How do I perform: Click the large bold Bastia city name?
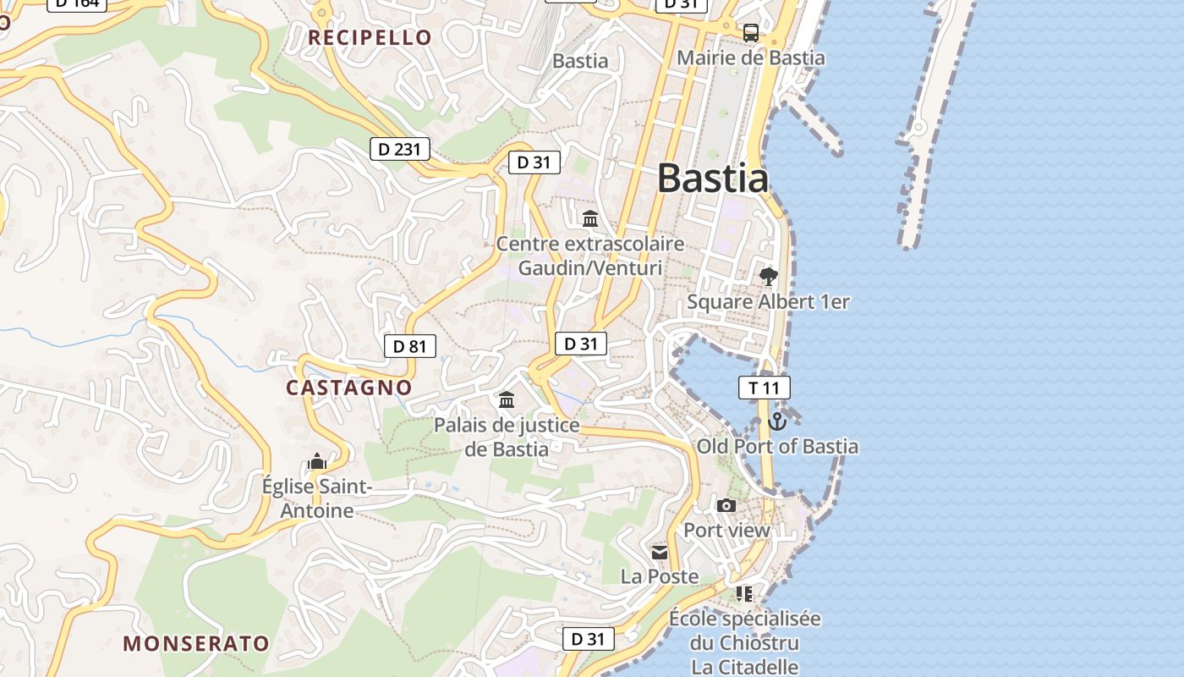coord(713,179)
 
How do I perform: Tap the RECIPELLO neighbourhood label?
coord(370,37)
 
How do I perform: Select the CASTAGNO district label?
coord(348,388)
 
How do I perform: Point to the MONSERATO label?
coord(196,643)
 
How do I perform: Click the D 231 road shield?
coord(399,150)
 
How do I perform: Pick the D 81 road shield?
coord(410,346)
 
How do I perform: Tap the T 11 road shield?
coord(764,388)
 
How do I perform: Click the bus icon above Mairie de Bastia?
coord(750,33)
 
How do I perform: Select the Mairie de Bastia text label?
coord(751,58)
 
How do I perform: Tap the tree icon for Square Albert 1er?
coord(768,276)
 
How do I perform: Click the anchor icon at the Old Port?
coord(776,421)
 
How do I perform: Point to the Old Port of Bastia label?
coord(777,446)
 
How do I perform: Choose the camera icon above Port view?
coord(726,505)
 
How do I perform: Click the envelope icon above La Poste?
coord(660,552)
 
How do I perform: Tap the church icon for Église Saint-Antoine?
coord(317,461)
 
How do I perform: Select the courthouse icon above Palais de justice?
coord(506,399)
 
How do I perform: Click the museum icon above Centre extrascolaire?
coord(589,219)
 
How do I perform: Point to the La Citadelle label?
coord(744,667)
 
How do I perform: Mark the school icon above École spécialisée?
coord(744,593)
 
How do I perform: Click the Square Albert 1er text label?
coord(768,302)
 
